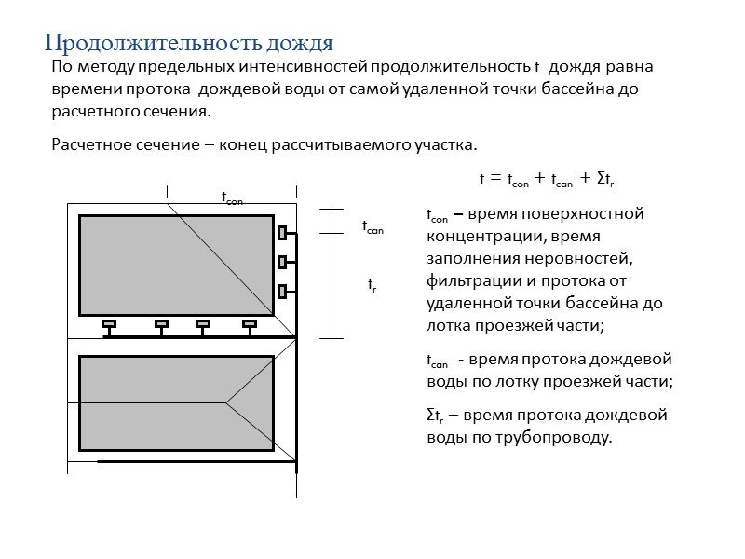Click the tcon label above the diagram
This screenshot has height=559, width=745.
[x=233, y=198]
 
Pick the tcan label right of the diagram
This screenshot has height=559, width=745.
[x=372, y=226]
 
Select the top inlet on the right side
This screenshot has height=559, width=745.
[x=282, y=232]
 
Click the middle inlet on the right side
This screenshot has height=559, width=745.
[x=282, y=262]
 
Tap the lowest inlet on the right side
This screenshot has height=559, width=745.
[x=282, y=291]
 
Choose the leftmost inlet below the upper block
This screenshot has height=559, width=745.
[x=109, y=324]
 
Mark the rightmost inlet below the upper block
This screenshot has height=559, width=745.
[x=249, y=324]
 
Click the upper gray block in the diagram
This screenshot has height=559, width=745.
[x=177, y=265]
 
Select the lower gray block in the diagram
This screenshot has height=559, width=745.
[x=177, y=402]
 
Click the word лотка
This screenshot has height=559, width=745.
[x=445, y=325]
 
